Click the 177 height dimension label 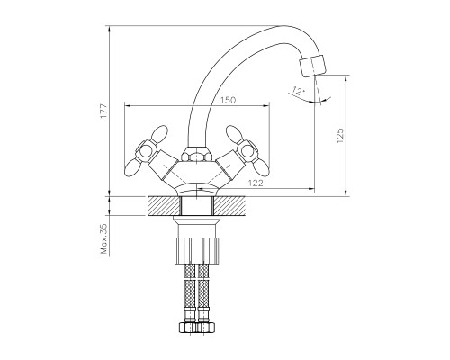[x=103, y=111]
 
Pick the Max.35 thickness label [x=104, y=238]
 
